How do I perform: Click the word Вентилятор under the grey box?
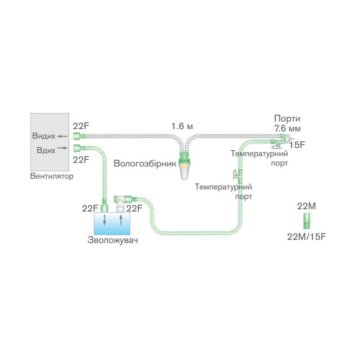pos(51,176)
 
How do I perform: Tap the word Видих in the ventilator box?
pos(44,136)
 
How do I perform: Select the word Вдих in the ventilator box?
pos(46,150)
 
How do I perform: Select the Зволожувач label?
pos(112,240)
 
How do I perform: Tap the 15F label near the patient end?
pos(297,145)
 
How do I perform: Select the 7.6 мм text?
pos(287,128)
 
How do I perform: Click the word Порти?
pos(287,119)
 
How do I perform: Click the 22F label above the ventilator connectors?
pos(81,126)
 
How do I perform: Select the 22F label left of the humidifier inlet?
pos(90,208)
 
